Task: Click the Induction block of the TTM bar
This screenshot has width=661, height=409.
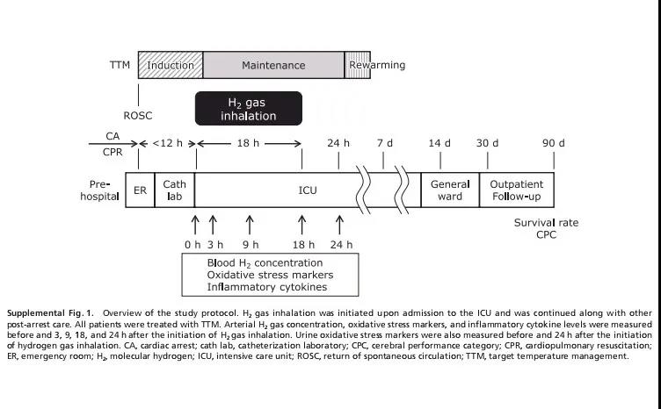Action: coord(171,66)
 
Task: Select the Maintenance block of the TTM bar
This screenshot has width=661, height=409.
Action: coord(273,66)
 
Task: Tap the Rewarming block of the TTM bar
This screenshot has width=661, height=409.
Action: coord(377,66)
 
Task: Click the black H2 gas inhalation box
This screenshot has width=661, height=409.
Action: coord(248,109)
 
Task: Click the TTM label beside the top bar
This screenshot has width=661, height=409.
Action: coord(120,66)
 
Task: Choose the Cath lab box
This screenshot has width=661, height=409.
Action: coord(176,189)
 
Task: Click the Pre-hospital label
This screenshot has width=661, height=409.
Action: coord(98,189)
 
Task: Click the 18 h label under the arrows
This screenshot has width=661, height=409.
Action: coord(302,245)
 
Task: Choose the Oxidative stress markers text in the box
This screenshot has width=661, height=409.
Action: coord(270,275)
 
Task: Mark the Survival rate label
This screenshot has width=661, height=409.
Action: coord(546,223)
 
